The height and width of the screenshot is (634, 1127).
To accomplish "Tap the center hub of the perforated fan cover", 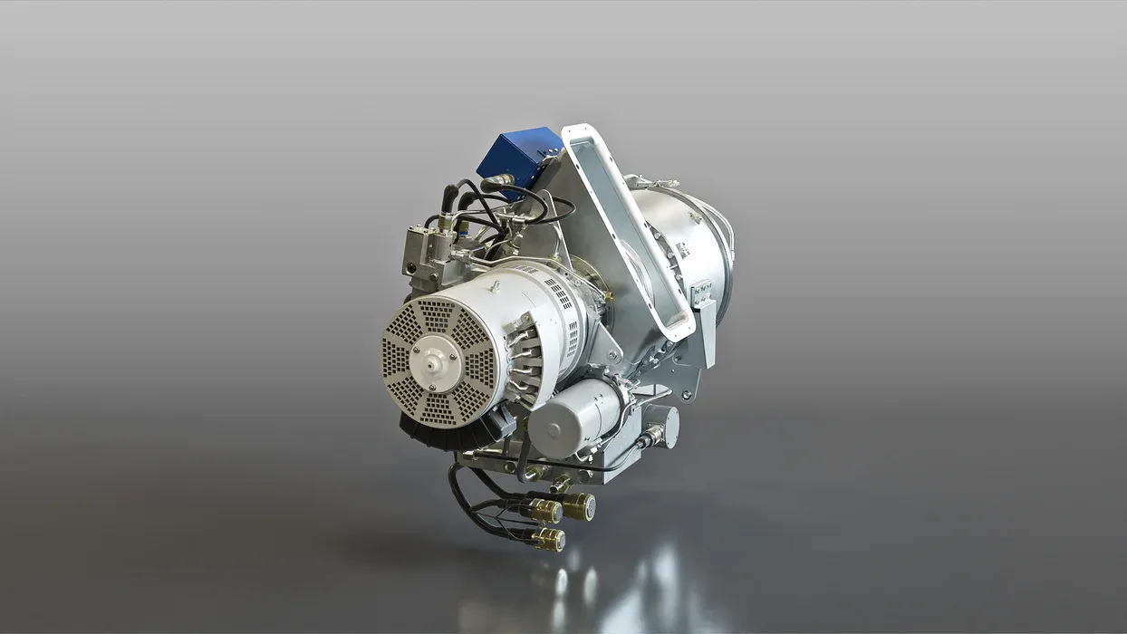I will (432, 356).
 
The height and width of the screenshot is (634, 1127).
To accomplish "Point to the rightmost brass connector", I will (580, 505).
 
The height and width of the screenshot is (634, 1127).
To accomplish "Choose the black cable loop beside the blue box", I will (553, 208).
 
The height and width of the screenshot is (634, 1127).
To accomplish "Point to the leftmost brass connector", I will (544, 512).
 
